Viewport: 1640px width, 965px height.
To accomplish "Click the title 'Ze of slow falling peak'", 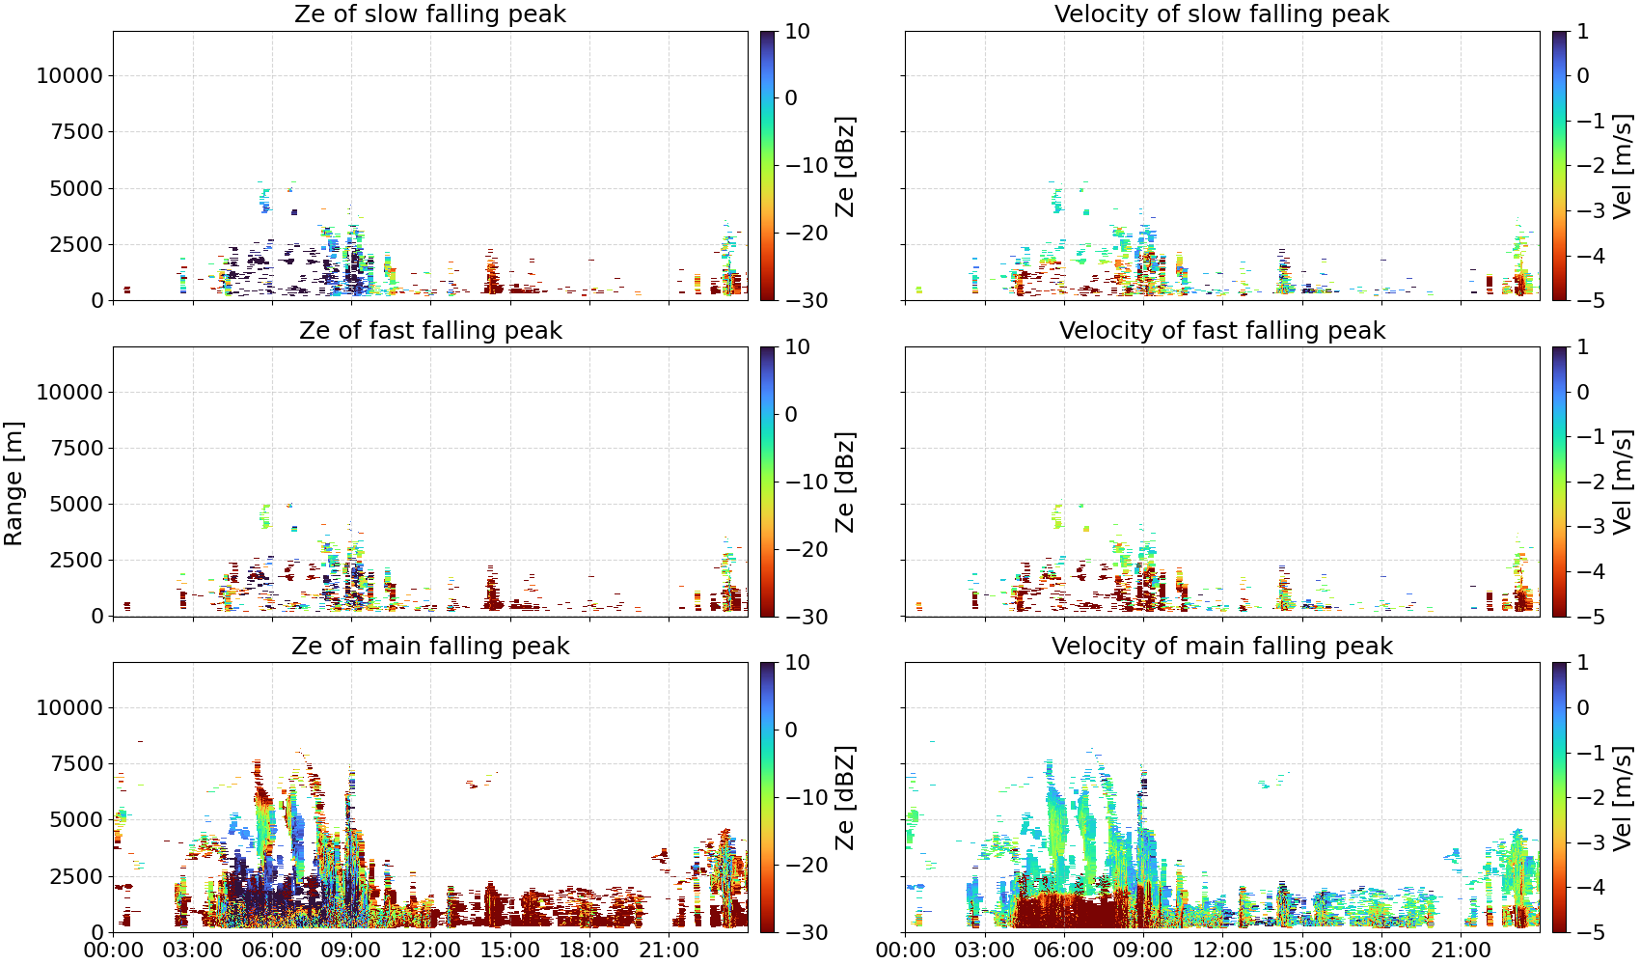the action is pyautogui.click(x=429, y=14).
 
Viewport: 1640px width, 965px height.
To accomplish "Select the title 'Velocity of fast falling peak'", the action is pyautogui.click(x=1222, y=330).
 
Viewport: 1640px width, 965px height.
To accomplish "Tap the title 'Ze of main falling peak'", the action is pyautogui.click(x=429, y=646).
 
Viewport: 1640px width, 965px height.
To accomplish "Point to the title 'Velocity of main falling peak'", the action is pyautogui.click(x=1222, y=646).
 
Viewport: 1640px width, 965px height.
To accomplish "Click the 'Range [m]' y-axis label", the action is pyautogui.click(x=14, y=483).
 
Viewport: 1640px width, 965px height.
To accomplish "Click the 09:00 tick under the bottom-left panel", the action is pyautogui.click(x=351, y=951).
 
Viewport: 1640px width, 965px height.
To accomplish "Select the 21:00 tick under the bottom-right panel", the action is pyautogui.click(x=1461, y=951).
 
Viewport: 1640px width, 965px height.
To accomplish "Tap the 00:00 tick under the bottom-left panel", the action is pyautogui.click(x=114, y=951).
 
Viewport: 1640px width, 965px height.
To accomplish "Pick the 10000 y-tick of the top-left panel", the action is pyautogui.click(x=69, y=75).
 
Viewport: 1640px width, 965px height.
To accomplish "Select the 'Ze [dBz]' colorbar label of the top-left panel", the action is pyautogui.click(x=845, y=166).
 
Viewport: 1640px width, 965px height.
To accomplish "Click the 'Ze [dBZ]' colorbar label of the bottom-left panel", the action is pyautogui.click(x=845, y=797).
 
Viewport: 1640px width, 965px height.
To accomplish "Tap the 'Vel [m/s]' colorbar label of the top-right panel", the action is pyautogui.click(x=1623, y=166).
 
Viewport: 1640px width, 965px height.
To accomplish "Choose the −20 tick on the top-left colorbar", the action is pyautogui.click(x=806, y=233).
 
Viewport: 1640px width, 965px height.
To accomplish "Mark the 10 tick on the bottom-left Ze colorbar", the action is pyautogui.click(x=798, y=663).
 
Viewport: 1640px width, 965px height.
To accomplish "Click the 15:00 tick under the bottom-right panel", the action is pyautogui.click(x=1302, y=951).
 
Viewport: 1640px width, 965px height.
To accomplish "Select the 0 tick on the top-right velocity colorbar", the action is pyautogui.click(x=1584, y=75).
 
